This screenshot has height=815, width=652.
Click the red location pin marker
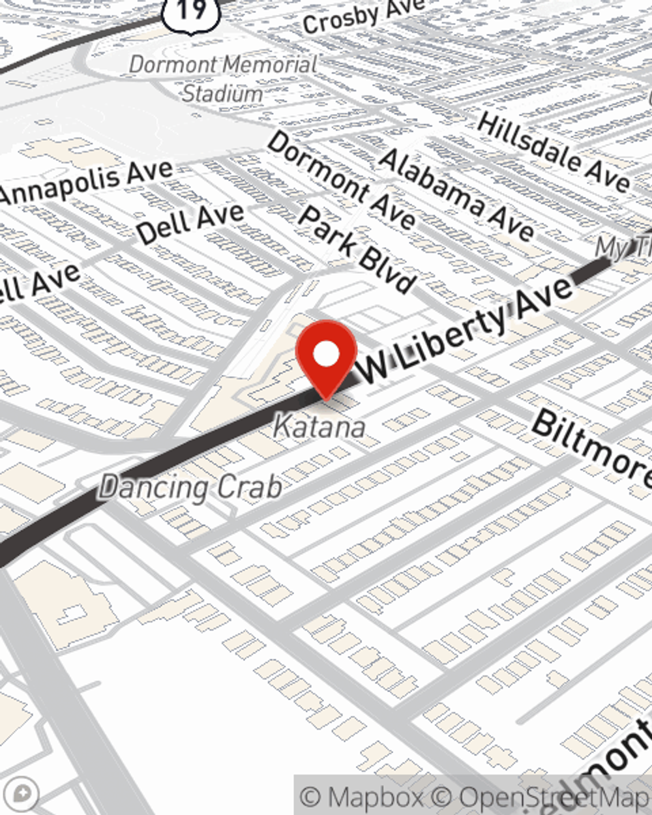[326, 359]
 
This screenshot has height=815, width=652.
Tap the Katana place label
[319, 426]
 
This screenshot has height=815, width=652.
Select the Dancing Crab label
[190, 488]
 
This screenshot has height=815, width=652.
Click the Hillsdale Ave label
[553, 151]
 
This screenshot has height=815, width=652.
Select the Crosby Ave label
[363, 16]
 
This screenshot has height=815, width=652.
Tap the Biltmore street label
[591, 449]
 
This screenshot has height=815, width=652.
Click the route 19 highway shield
[192, 12]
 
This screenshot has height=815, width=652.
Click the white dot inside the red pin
[326, 355]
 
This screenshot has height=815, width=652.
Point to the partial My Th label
[623, 247]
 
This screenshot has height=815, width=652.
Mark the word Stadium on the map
[222, 93]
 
